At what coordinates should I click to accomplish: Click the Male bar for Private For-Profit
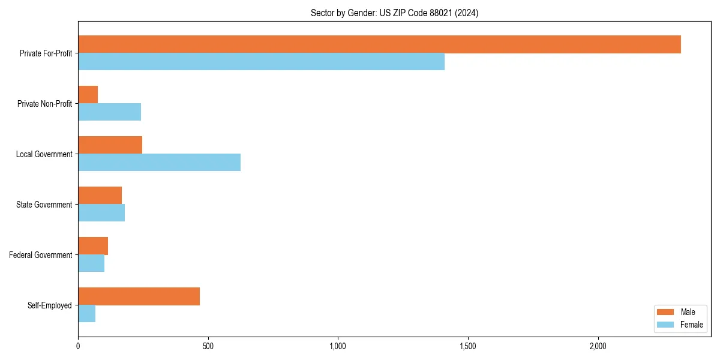379,44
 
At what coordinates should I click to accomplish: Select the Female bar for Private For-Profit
261,62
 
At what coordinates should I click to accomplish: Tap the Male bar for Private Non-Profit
88,95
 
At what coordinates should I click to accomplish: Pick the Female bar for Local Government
159,163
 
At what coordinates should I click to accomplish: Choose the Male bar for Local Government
110,145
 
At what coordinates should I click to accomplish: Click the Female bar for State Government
101,213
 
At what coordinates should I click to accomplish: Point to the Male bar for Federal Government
93,246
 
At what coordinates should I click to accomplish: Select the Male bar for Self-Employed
139,296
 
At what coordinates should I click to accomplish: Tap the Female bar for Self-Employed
86,314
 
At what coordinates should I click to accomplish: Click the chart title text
394,13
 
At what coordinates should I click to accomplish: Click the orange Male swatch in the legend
666,312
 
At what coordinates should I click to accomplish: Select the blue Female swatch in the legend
666,325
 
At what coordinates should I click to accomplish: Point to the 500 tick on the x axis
208,346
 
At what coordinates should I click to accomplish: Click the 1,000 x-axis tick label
338,346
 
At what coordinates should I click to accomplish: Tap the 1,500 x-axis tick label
467,346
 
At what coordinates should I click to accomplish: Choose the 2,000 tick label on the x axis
598,346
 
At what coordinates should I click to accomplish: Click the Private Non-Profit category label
44,104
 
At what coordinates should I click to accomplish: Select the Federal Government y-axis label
41,255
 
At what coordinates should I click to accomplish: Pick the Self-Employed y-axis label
50,305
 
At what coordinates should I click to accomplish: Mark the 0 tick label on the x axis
78,346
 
